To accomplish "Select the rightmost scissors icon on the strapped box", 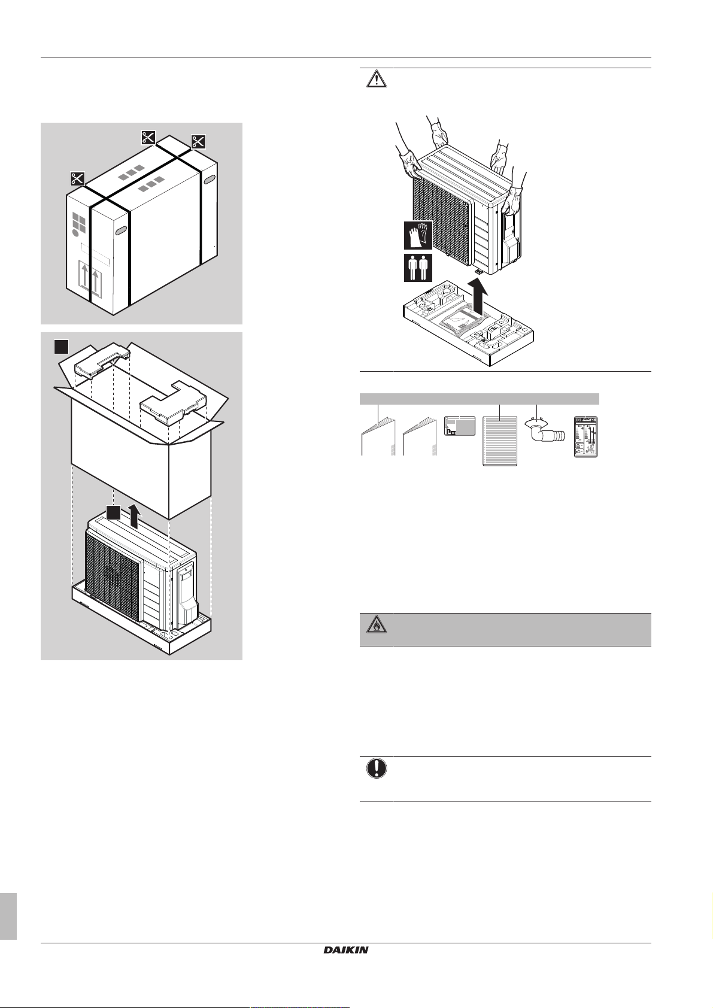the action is click(x=199, y=141).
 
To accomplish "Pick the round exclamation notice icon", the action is click(x=377, y=769).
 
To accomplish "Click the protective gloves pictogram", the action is click(x=418, y=235).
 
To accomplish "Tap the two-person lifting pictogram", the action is click(x=418, y=268).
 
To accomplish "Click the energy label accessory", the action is click(x=586, y=436).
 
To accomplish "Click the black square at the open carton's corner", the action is click(x=60, y=347).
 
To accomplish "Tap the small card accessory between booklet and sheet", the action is click(x=460, y=425).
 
